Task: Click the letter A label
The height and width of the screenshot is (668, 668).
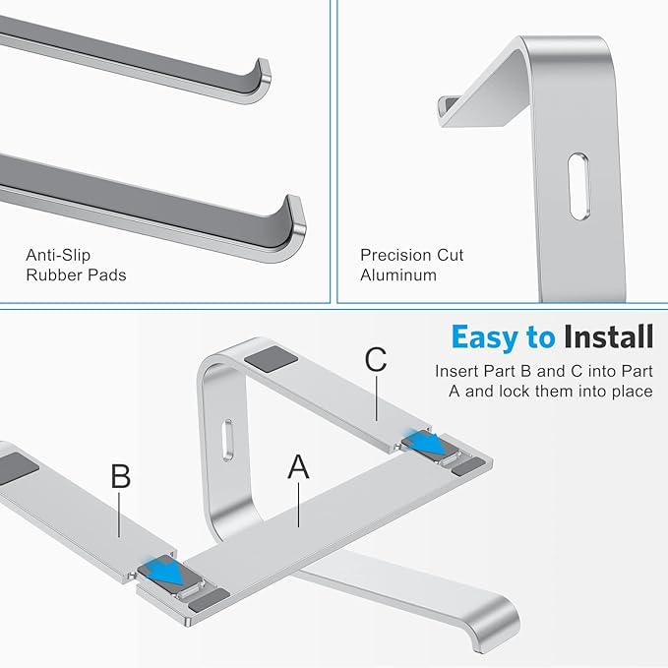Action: click(x=298, y=466)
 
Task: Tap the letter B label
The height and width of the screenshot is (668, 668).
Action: click(x=121, y=476)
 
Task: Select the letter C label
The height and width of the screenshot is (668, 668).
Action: click(x=375, y=360)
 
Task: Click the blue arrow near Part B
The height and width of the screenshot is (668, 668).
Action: click(x=164, y=573)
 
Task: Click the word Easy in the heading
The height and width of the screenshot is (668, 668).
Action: click(x=489, y=338)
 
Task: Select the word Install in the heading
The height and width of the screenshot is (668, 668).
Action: click(x=608, y=338)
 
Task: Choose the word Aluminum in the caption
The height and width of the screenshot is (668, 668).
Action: click(x=397, y=276)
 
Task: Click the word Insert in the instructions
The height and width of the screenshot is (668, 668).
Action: click(x=458, y=372)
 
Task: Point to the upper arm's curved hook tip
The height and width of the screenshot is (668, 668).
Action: click(x=259, y=81)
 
